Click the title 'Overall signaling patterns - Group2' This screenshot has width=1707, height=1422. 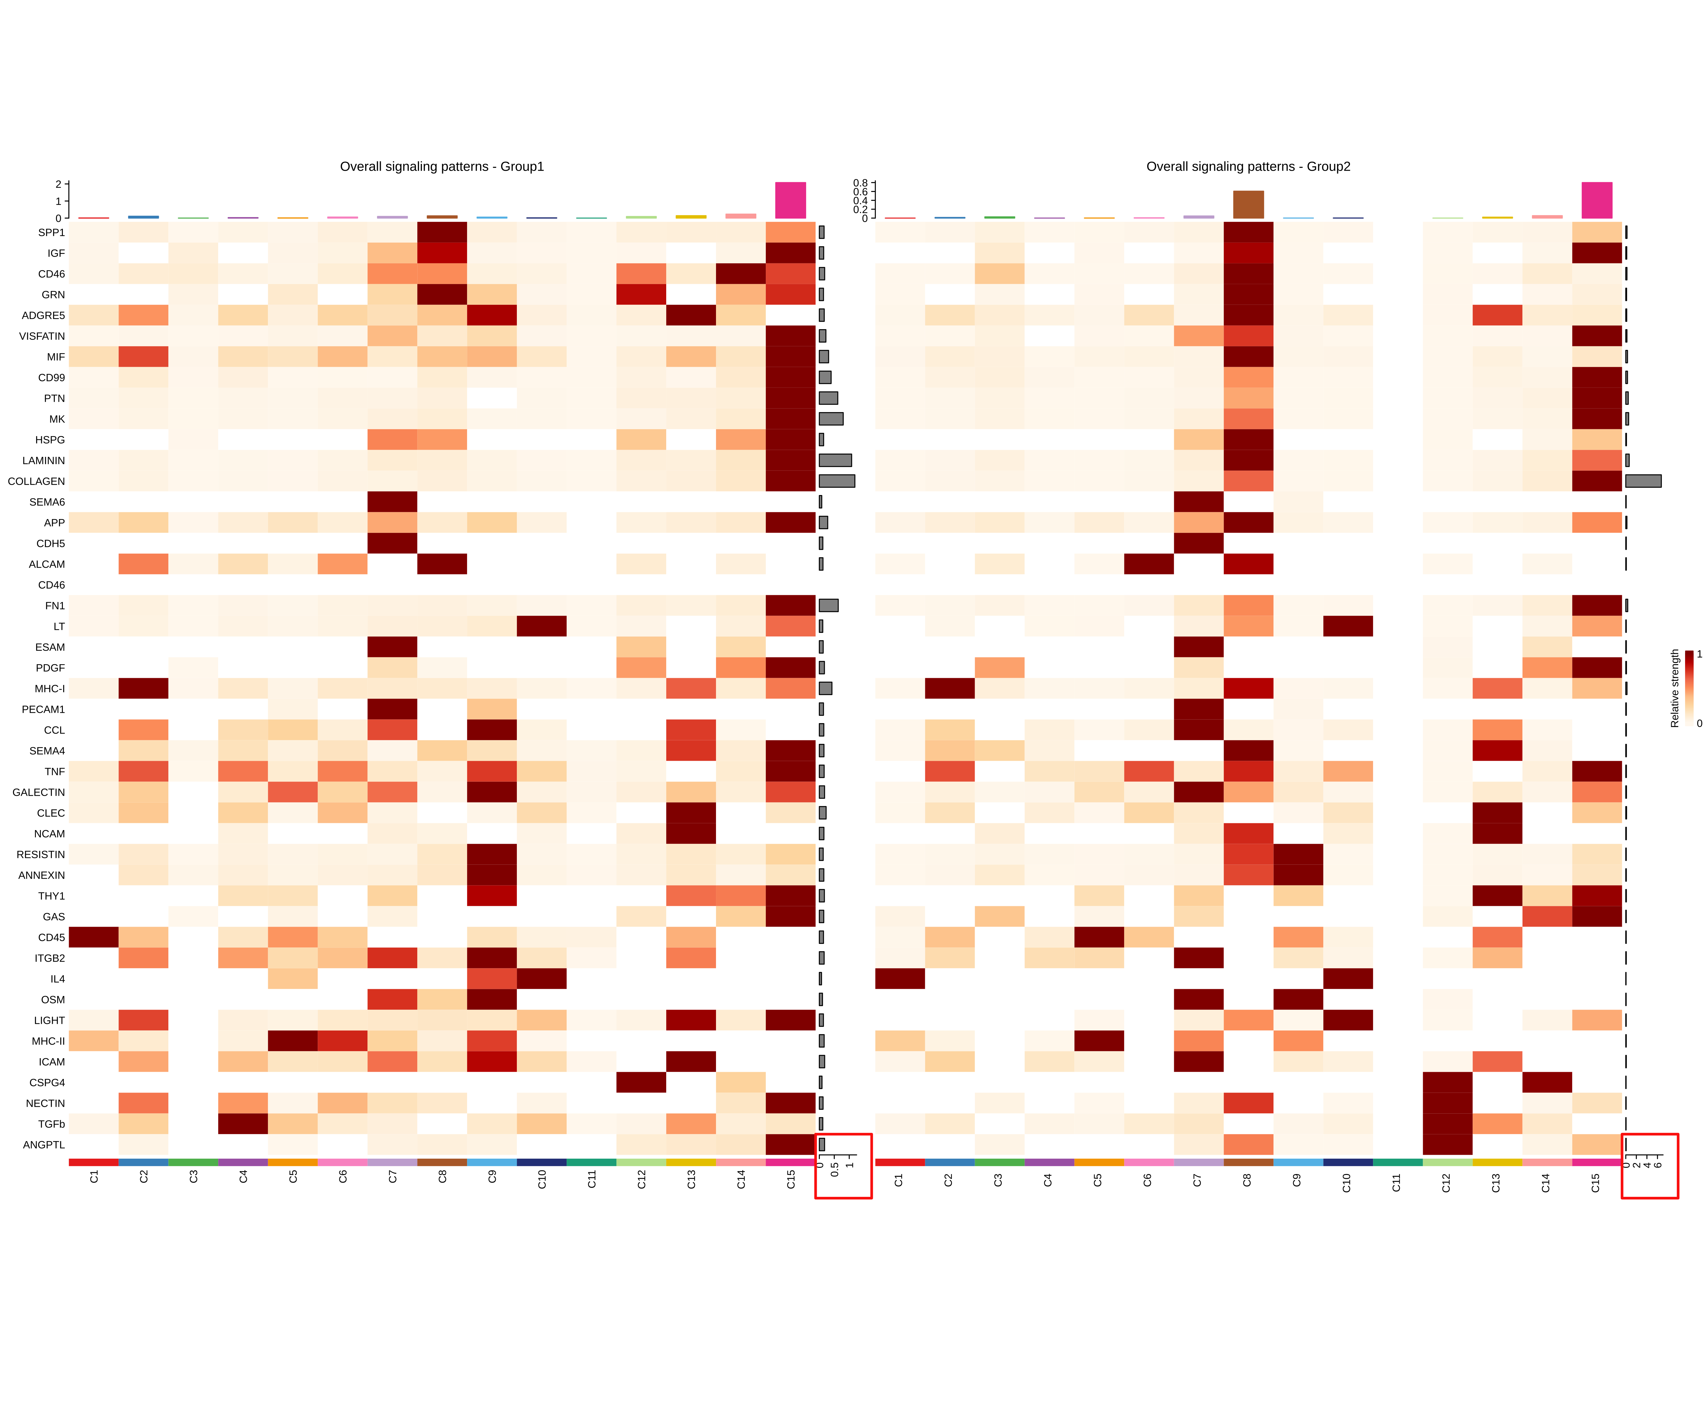tap(1248, 166)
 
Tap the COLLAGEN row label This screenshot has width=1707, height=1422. tap(36, 481)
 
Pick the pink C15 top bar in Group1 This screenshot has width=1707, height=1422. tap(790, 200)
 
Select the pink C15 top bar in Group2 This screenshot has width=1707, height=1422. tap(1596, 200)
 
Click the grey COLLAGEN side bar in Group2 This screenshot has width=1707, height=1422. tap(1643, 481)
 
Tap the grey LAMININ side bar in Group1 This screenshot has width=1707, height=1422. tap(835, 460)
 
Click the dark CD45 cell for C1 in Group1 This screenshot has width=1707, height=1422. tap(93, 937)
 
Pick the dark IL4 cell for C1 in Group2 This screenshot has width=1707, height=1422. tap(900, 978)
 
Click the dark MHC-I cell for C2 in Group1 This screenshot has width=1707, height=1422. tap(143, 688)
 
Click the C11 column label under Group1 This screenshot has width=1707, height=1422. tap(592, 1180)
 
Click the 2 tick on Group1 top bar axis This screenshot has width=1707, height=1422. tap(58, 185)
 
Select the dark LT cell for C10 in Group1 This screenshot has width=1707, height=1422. tap(541, 626)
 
